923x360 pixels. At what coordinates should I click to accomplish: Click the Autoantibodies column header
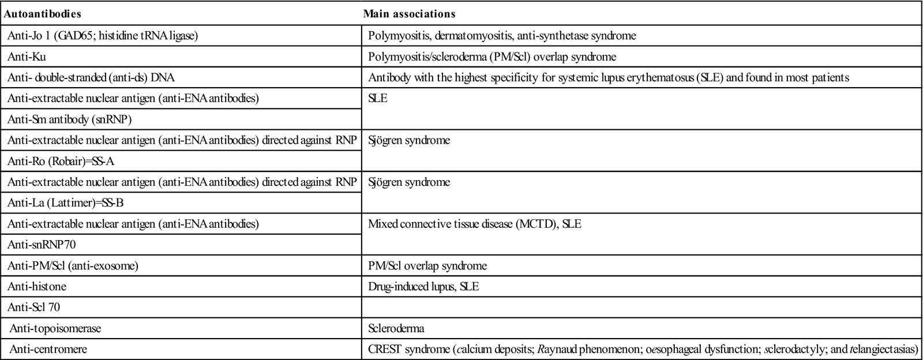[42, 13]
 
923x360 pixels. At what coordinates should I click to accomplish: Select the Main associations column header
[409, 13]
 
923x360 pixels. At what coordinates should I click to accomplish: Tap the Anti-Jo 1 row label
[103, 36]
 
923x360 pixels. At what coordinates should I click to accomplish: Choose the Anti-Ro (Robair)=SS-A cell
[61, 161]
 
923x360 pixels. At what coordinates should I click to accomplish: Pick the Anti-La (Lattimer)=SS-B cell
[65, 203]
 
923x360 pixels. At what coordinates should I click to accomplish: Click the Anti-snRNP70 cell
[42, 245]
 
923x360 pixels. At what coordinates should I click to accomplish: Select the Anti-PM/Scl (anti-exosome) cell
[73, 266]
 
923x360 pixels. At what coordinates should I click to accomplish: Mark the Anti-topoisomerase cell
[55, 329]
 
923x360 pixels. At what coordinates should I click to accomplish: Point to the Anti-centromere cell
[48, 350]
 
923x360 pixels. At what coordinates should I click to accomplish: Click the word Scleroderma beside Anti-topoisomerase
[396, 329]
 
